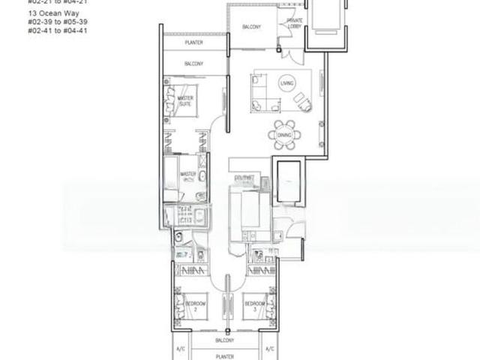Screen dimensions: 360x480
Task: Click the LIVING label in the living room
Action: pos(285,82)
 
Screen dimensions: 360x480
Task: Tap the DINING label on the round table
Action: pos(284,135)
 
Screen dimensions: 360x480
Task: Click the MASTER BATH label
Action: pos(188,177)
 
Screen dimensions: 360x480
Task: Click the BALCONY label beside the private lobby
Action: pos(251,28)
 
